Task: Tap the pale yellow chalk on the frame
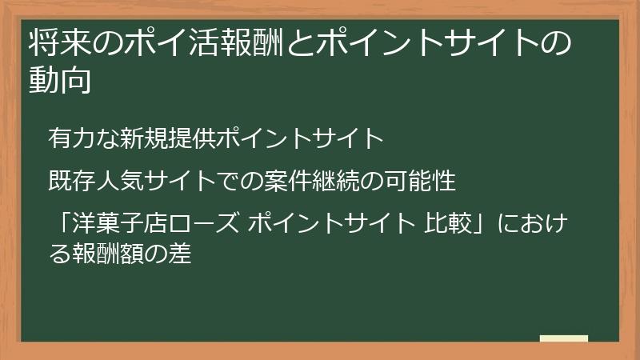click(x=563, y=338)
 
